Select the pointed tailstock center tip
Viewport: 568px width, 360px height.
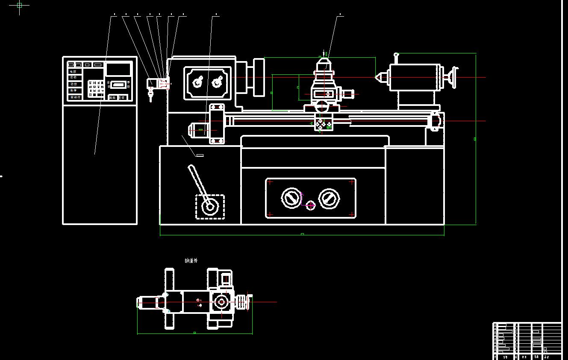point(378,77)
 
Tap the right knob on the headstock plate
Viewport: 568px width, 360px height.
point(218,81)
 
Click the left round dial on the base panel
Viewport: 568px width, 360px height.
point(291,198)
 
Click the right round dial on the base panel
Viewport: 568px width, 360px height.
point(329,198)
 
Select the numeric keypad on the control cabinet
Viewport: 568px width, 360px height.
point(96,89)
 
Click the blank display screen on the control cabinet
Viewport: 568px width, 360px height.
point(118,69)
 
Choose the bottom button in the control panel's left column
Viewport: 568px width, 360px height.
point(75,97)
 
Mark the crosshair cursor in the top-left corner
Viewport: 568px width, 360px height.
point(19,5)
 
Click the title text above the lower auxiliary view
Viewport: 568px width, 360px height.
point(191,260)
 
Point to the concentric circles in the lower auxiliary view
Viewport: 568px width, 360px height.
point(221,302)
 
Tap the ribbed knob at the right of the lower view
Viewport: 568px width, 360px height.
point(243,302)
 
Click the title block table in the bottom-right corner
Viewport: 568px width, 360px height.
point(527,341)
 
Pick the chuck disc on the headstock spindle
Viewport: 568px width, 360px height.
point(259,77)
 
